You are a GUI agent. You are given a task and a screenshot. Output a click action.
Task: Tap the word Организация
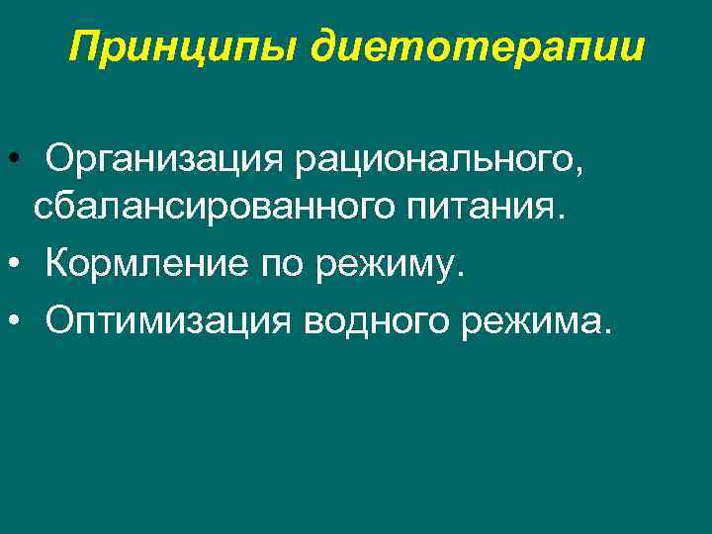(163, 159)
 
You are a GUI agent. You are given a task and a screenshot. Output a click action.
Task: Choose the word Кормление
(146, 264)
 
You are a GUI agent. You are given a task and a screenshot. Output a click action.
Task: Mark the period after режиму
(457, 274)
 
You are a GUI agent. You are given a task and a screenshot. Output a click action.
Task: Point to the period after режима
(606, 327)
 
